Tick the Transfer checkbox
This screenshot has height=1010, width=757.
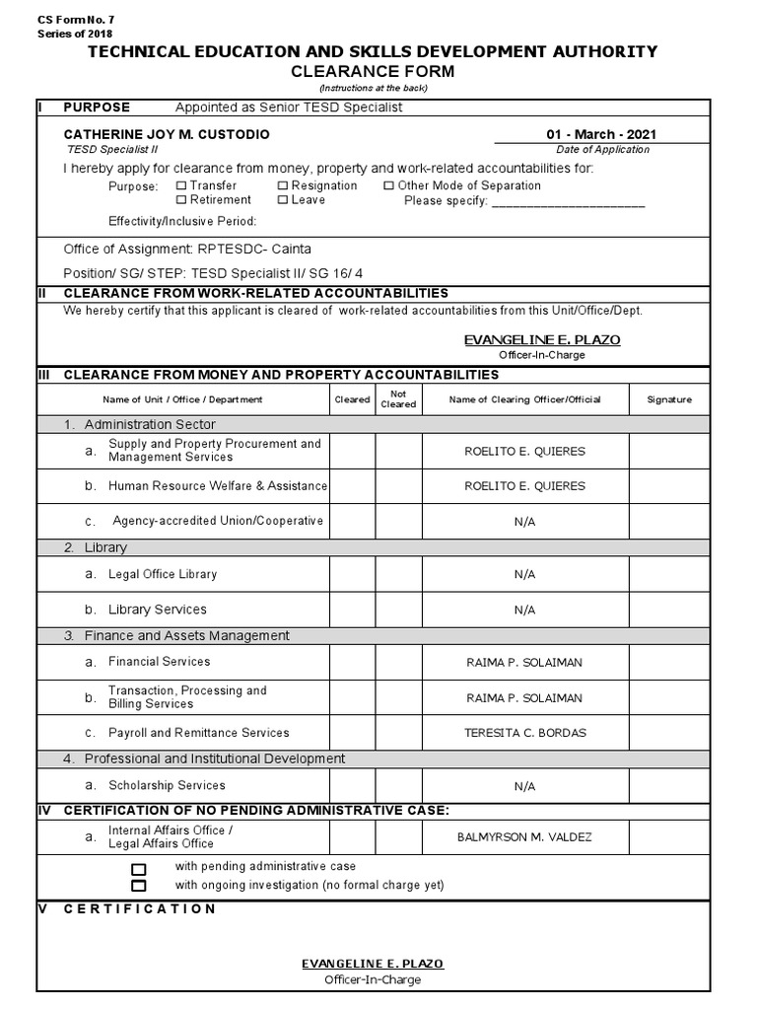pos(181,185)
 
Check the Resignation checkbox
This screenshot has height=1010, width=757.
pos(283,185)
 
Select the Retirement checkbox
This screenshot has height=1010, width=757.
pos(181,200)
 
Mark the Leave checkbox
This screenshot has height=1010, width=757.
pos(283,200)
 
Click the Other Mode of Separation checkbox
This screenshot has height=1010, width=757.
pos(388,185)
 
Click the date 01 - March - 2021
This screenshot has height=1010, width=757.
pos(602,134)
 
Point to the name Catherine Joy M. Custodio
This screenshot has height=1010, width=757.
pos(167,134)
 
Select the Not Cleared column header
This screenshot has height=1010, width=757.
pos(398,399)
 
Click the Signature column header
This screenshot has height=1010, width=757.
pos(668,399)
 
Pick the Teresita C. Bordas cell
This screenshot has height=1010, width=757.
pos(524,733)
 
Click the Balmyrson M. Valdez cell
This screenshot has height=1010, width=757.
pos(524,837)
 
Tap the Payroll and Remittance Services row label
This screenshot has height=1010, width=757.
pos(198,733)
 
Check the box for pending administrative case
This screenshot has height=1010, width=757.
pos(139,869)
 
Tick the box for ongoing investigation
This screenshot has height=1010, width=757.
pos(139,886)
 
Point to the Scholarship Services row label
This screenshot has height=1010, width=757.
pos(167,785)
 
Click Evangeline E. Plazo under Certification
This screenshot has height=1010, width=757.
pos(372,963)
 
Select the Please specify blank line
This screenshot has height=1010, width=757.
pos(568,202)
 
